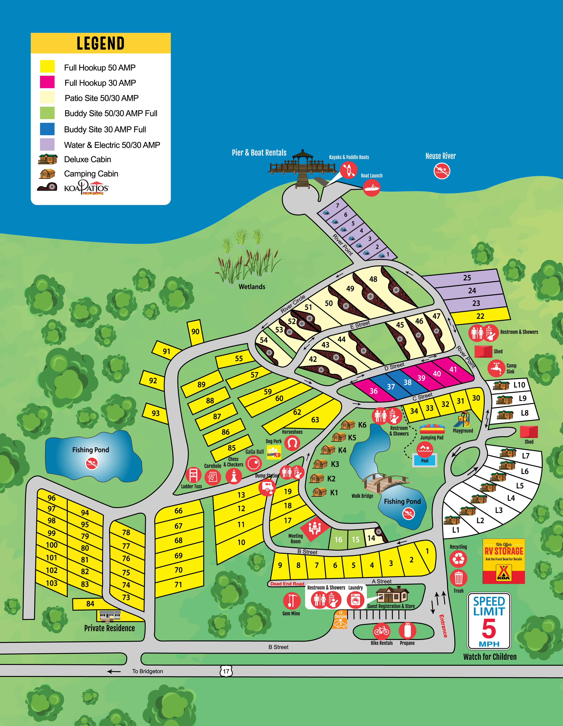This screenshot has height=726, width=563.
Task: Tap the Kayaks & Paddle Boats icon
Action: coord(348,170)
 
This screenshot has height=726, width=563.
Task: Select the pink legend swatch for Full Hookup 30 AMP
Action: coord(47,83)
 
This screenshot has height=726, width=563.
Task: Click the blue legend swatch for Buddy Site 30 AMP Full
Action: coord(47,129)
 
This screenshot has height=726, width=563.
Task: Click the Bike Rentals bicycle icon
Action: coord(381,630)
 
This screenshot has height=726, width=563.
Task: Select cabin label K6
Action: coord(362,425)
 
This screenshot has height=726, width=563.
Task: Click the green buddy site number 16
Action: coord(338,539)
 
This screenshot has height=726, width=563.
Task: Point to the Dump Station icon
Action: coord(267,487)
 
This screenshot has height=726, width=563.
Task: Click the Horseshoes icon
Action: coord(292,443)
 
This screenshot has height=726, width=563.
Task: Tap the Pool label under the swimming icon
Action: coord(425,461)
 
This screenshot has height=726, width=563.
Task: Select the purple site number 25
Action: coord(467,278)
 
